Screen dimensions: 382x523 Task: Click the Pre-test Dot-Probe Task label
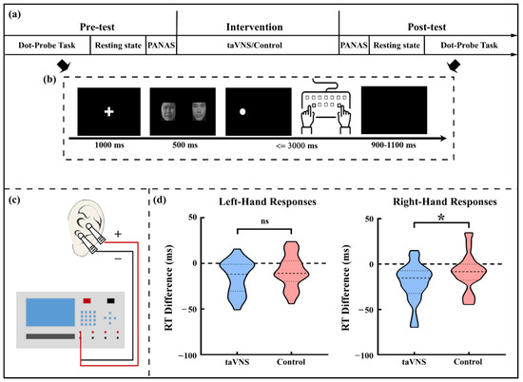coord(43,45)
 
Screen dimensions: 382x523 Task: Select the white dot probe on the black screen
coord(242,112)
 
